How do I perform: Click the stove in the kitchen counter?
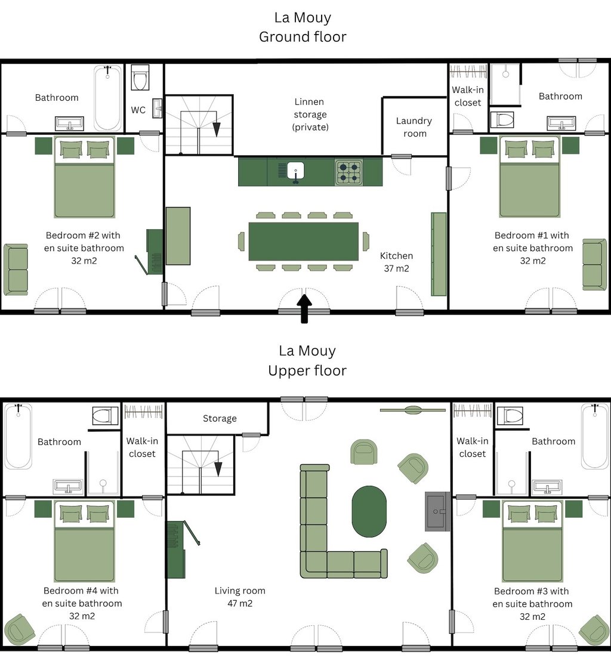point(348,172)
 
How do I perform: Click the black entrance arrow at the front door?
point(304,308)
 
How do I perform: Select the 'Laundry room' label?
point(414,127)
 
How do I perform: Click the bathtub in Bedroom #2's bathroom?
point(108,98)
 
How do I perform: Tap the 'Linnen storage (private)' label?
point(310,114)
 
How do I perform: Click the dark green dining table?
point(303,241)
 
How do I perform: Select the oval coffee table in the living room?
point(369,511)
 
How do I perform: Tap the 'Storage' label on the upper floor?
point(220,418)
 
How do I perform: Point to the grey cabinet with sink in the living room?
point(437,511)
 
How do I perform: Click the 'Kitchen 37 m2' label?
point(396,262)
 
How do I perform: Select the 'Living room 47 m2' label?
point(240,597)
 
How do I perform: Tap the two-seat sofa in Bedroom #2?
point(16,269)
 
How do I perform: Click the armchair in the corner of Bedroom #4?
point(19,629)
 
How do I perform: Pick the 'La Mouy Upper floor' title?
point(307,360)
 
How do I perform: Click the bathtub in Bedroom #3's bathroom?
point(595,437)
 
